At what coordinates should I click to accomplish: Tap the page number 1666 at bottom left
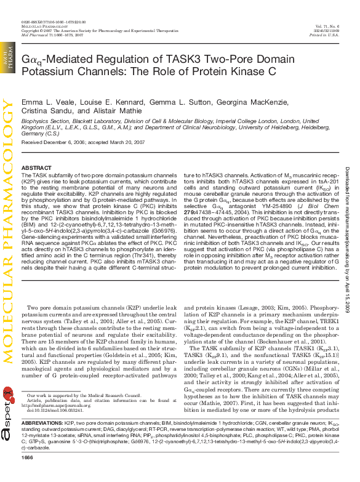point(27,474)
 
